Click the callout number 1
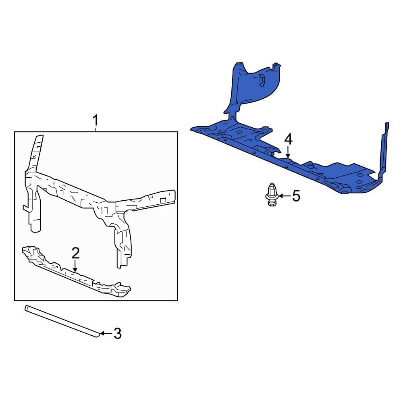[x=96, y=120]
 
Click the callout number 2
[x=75, y=253]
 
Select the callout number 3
[x=117, y=333]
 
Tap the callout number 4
[x=288, y=139]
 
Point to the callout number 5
[x=296, y=196]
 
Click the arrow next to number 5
[x=284, y=196]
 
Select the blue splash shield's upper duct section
[x=254, y=85]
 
